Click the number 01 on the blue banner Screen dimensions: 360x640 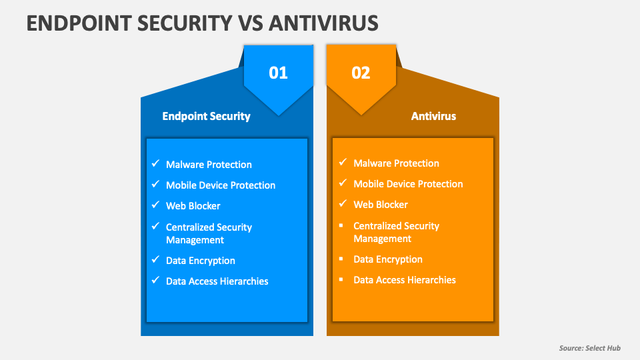[278, 73]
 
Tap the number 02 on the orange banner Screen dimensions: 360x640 [361, 73]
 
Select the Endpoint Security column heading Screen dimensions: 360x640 [206, 116]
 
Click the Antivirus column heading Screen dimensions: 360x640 [433, 116]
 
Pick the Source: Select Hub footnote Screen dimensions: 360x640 [589, 349]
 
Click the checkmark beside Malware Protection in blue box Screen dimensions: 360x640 [155, 163]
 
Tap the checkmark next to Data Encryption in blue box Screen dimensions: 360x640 [155, 259]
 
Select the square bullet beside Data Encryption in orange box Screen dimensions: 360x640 [342, 259]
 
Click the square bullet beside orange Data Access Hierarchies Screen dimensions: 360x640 [342, 279]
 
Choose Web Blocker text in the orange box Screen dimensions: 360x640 [381, 205]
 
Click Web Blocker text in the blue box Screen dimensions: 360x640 [193, 206]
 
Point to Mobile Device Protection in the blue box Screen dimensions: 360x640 [221, 185]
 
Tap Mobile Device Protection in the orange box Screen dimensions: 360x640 [408, 184]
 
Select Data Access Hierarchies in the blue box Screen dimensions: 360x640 [217, 281]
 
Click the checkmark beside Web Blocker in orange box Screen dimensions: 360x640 [343, 203]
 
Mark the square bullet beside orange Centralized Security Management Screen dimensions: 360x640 [342, 225]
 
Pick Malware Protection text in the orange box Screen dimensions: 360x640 [396, 163]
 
